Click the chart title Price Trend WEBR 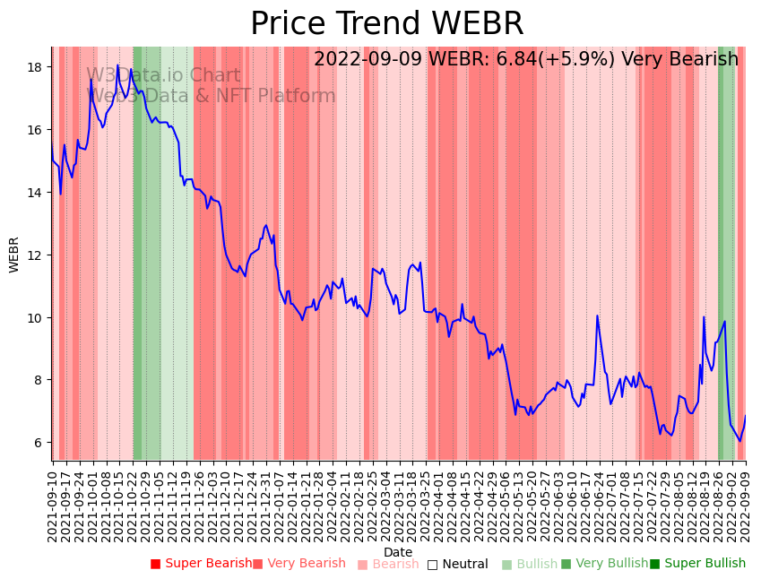pos(386,24)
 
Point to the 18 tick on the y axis pos(37,67)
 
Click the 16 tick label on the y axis pos(37,130)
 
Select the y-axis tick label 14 pos(37,193)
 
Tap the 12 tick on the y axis pos(37,255)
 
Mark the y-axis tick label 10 pos(37,318)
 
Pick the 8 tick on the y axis pos(40,380)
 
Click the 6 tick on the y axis pos(40,443)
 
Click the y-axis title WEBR pos(14,255)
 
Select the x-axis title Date pos(398,552)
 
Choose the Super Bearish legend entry pos(202,564)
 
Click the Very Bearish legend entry pos(298,564)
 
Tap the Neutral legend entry pos(457,565)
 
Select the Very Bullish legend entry pos(604,564)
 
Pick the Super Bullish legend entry pos(697,564)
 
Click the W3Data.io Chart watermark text pos(163,76)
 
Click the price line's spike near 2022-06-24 pos(597,315)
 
